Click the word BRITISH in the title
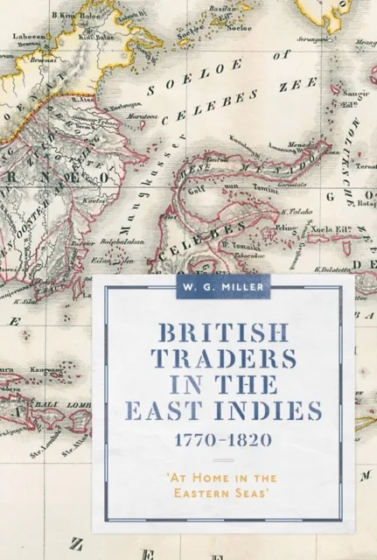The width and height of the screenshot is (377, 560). pyautogui.click(x=211, y=332)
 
